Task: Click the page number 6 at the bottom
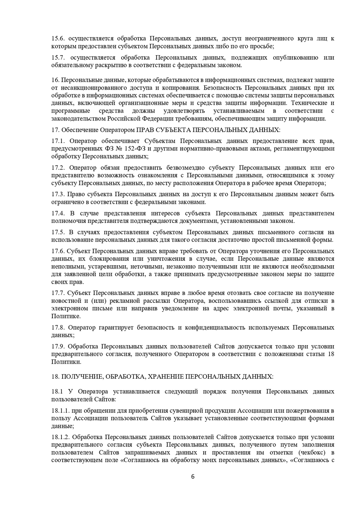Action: [x=193, y=477]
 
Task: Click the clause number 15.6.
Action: [x=58, y=39]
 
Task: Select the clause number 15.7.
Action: [x=58, y=58]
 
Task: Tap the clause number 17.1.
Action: [x=58, y=141]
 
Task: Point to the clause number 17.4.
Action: [x=58, y=214]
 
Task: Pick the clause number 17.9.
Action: [x=58, y=347]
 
